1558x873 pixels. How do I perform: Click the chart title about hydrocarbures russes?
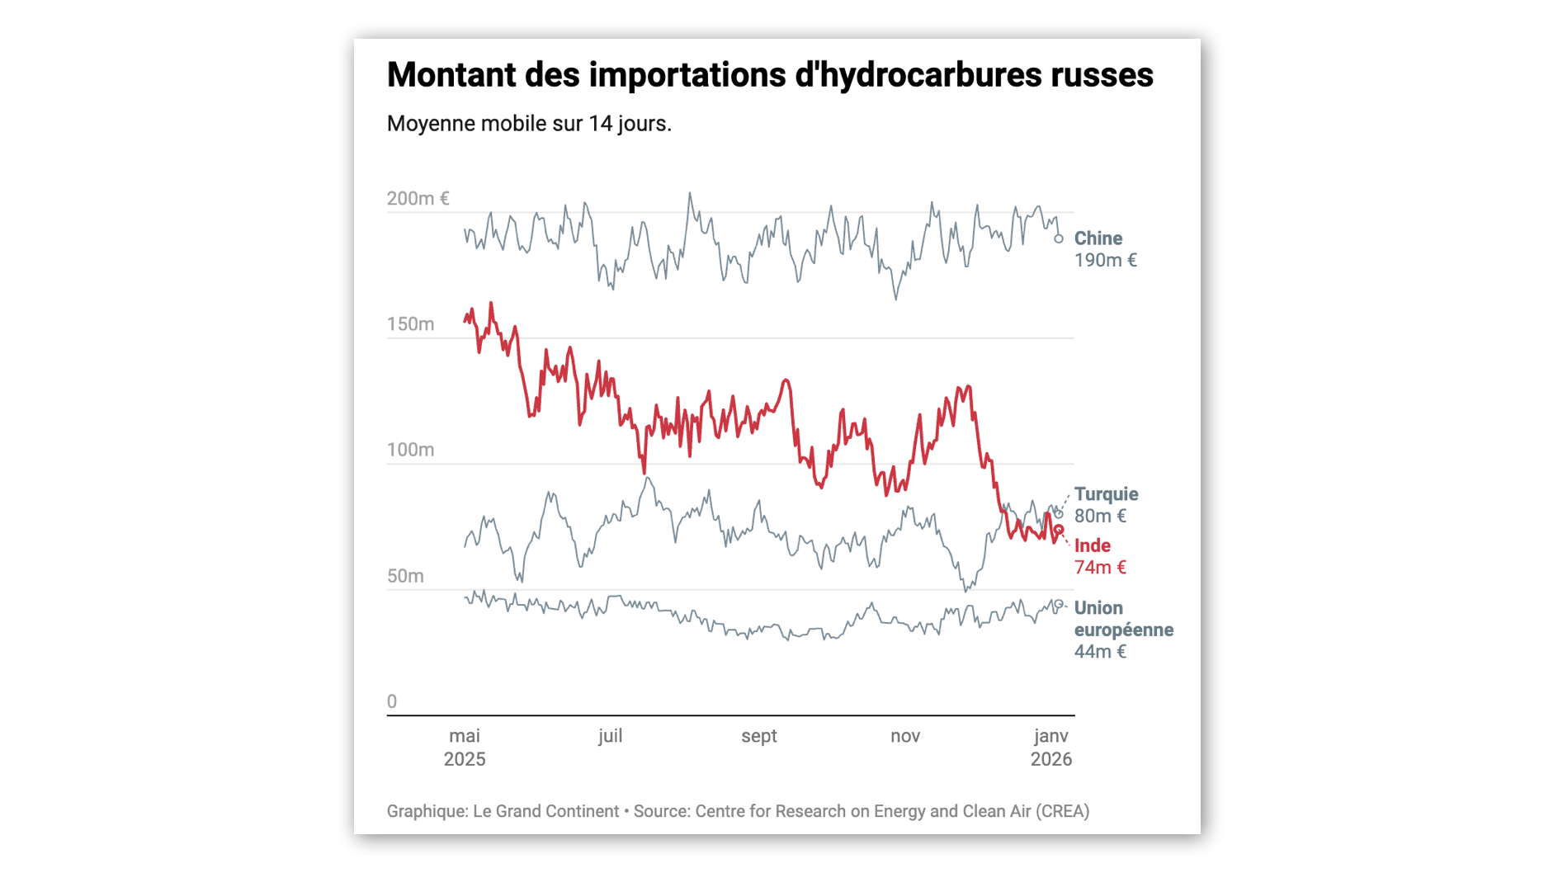[x=769, y=75]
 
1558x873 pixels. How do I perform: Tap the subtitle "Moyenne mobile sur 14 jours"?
[x=529, y=124]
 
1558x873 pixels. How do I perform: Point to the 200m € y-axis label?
[x=418, y=199]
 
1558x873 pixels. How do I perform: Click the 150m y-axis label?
[x=410, y=324]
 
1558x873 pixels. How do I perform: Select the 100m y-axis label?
[x=410, y=451]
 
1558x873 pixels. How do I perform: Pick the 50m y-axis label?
[x=405, y=576]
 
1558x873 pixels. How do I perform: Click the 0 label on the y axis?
[x=392, y=701]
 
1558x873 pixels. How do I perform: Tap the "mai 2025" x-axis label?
[x=465, y=748]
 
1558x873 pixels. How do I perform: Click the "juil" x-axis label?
[x=610, y=736]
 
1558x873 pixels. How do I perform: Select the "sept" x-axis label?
[x=758, y=736]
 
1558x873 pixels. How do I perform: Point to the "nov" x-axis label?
[x=904, y=736]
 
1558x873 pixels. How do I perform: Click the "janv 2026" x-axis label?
[x=1050, y=748]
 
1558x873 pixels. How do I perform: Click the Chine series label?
[x=1098, y=238]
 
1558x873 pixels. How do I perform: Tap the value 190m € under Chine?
[x=1105, y=261]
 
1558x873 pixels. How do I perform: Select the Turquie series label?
[x=1106, y=494]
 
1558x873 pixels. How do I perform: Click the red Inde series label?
[x=1092, y=545]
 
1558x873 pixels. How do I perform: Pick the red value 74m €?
[x=1099, y=568]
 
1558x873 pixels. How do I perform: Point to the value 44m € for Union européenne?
[x=1099, y=652]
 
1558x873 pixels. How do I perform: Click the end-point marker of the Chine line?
[x=1059, y=239]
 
